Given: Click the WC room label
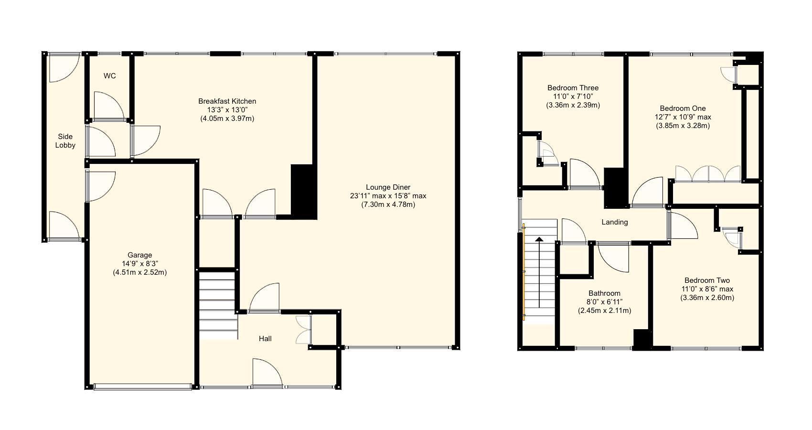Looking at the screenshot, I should click(109, 76).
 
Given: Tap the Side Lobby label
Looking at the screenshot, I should click(65, 140).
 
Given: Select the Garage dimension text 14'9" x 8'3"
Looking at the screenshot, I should click(139, 264).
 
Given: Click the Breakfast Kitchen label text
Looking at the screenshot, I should click(227, 101).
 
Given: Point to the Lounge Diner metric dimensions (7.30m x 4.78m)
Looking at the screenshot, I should click(388, 204).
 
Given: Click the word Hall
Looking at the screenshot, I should click(265, 338).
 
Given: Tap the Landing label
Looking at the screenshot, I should click(614, 222).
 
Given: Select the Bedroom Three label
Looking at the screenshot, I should click(573, 88).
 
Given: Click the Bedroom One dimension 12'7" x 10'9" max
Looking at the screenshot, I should click(683, 117).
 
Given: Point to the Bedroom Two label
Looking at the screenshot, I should click(707, 280).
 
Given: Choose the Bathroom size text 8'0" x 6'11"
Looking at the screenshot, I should click(604, 302).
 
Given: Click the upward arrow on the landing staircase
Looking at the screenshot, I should click(539, 272).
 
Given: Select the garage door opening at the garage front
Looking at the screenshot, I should click(143, 387).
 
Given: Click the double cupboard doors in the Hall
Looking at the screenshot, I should click(304, 330).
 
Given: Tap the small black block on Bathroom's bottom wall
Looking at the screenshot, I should click(642, 340).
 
